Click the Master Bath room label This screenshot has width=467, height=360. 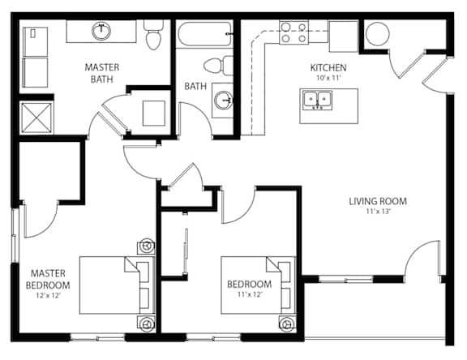point(102,73)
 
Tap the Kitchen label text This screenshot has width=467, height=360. point(328,68)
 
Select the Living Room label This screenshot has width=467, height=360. point(378,201)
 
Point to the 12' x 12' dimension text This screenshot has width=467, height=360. point(48,296)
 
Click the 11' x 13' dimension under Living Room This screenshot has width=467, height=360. point(378,212)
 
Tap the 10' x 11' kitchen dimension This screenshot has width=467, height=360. point(328,78)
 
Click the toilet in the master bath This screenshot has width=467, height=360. point(153,35)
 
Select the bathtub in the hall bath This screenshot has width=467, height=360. point(204,34)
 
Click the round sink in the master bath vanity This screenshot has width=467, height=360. point(101,31)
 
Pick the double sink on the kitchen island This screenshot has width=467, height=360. point(318,101)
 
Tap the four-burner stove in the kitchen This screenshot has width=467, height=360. point(293,32)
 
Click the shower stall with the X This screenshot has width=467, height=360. point(37,118)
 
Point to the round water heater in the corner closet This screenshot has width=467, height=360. point(377,34)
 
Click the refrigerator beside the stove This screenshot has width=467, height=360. point(343,36)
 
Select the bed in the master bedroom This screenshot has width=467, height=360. point(117,285)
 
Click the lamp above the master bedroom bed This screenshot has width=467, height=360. point(146,246)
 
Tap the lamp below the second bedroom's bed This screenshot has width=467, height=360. point(287,323)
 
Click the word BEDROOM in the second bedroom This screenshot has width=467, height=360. point(249,284)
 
